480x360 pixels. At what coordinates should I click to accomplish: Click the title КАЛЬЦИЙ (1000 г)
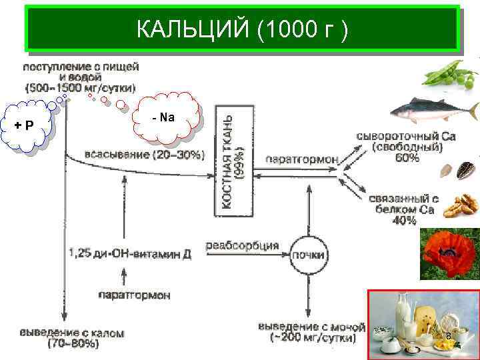(x=241, y=29)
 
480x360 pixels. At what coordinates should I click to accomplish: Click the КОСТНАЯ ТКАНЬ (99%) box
(x=233, y=160)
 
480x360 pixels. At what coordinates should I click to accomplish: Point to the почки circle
(x=308, y=255)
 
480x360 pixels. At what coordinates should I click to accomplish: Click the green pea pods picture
(x=451, y=74)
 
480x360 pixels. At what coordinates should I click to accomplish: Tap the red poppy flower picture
(x=446, y=253)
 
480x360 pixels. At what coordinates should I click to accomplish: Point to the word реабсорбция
(x=243, y=245)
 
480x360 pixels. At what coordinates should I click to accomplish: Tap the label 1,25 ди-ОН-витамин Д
(x=129, y=253)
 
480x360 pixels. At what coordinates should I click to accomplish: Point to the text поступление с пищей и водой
(x=81, y=77)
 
